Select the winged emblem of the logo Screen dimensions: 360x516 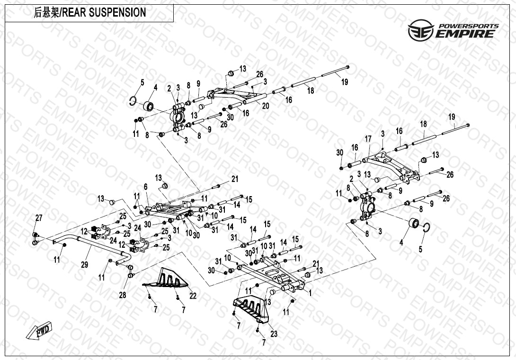[x=420, y=30]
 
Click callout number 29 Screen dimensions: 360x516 [x=84, y=265]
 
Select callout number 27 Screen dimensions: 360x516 [x=39, y=218]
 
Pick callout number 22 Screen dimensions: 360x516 [x=193, y=296]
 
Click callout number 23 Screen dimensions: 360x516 [x=274, y=334]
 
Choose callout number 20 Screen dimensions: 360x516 [x=266, y=106]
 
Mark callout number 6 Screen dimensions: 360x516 [x=146, y=187]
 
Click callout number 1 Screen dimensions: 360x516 [x=310, y=293]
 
